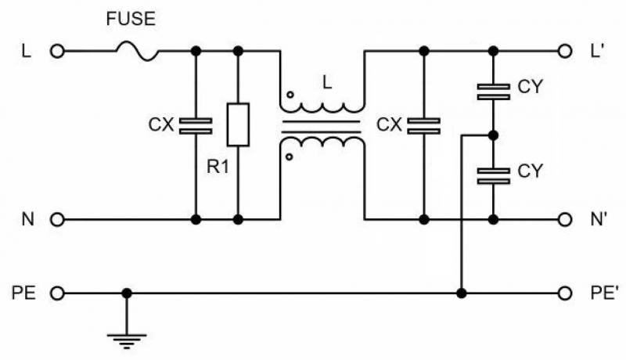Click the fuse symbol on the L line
click(x=137, y=52)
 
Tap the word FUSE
click(x=131, y=19)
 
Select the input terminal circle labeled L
click(x=56, y=52)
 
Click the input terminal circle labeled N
click(x=56, y=220)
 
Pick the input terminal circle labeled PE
click(x=56, y=293)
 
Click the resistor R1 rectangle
click(x=238, y=124)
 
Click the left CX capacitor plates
click(x=195, y=124)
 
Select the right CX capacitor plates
click(x=423, y=124)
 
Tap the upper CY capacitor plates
click(x=493, y=92)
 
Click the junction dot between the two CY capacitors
click(x=493, y=135)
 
